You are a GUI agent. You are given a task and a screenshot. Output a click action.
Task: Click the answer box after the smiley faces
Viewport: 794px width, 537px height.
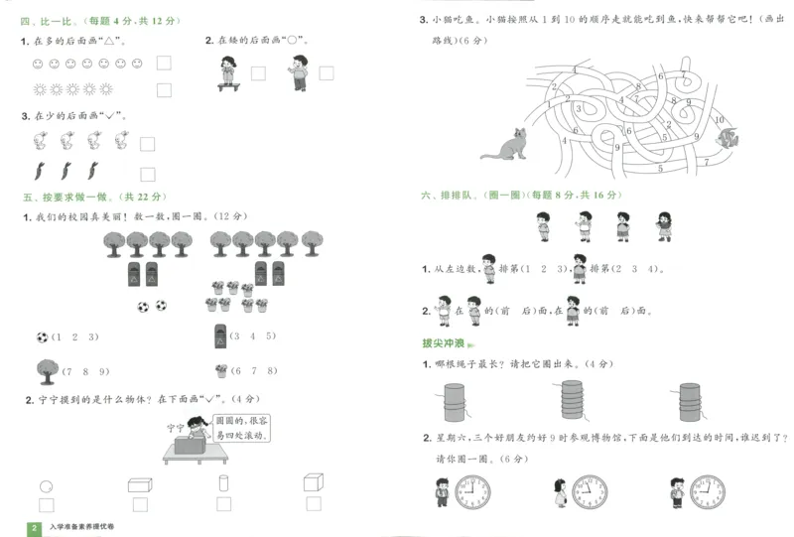(x=163, y=64)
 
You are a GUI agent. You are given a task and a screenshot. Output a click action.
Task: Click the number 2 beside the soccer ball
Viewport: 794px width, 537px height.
(x=77, y=336)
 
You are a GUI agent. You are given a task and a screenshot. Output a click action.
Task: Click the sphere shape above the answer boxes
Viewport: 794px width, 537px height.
(x=46, y=486)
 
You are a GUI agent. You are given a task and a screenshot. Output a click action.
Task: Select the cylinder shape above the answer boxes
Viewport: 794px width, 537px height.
(x=223, y=484)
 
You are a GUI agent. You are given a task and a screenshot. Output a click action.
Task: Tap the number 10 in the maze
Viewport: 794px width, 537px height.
(x=720, y=120)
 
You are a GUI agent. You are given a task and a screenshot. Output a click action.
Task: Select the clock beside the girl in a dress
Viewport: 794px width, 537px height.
(x=589, y=490)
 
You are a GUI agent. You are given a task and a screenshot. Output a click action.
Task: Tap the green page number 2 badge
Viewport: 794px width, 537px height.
(x=34, y=527)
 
